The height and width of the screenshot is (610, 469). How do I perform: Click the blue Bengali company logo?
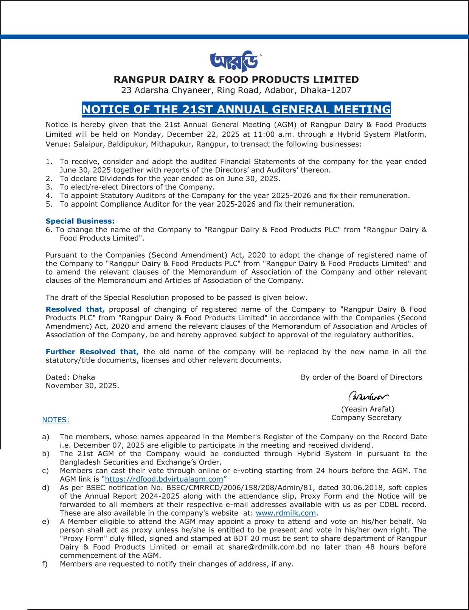click(234, 61)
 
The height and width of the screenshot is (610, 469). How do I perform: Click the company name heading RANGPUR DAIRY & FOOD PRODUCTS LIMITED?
click(236, 80)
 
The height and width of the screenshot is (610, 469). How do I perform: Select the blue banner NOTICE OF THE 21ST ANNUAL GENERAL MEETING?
click(236, 110)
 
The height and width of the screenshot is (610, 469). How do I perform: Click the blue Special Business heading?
click(80, 221)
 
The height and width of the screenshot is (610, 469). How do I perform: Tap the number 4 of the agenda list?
click(48, 196)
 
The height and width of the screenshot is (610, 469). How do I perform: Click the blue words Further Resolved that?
click(92, 352)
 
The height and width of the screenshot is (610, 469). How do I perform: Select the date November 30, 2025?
click(82, 386)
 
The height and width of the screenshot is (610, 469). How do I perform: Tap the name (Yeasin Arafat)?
click(368, 409)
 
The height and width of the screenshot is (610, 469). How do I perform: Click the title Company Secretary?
click(366, 418)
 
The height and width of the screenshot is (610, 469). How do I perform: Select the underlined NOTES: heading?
click(56, 420)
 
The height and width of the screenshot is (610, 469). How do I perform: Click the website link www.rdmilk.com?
click(286, 513)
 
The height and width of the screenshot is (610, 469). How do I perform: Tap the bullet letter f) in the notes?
click(45, 564)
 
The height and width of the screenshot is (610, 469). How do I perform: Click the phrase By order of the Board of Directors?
click(361, 377)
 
